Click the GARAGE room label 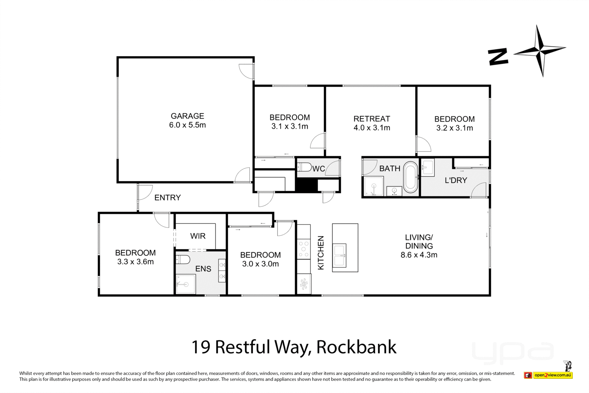click(x=187, y=116)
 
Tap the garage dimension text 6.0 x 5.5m click(x=187, y=125)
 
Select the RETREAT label click(x=371, y=119)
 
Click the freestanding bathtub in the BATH click(x=410, y=177)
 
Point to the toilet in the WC click(x=304, y=168)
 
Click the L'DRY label click(x=456, y=180)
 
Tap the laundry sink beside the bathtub click(x=427, y=168)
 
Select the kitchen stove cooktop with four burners click(x=304, y=249)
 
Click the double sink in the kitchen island click(x=339, y=256)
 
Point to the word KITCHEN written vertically click(x=321, y=253)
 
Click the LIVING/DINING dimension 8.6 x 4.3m click(x=419, y=255)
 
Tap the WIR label click(x=198, y=236)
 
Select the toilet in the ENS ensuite click(x=183, y=260)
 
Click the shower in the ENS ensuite click(x=186, y=284)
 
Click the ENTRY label click(x=167, y=198)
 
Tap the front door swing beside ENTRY click(x=145, y=192)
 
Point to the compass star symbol click(x=540, y=51)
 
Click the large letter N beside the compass click(x=498, y=57)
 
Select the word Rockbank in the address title click(x=356, y=347)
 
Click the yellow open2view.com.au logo click(x=553, y=375)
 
